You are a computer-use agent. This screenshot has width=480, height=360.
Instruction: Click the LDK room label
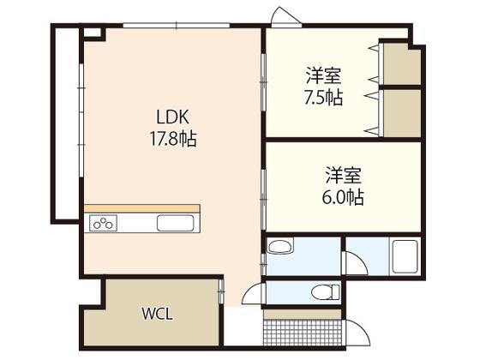[172, 117]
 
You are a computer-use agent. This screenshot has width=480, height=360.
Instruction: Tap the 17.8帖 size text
[173, 138]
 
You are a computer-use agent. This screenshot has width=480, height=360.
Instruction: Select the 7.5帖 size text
[323, 98]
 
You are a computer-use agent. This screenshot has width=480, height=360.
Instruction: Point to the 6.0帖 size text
[343, 196]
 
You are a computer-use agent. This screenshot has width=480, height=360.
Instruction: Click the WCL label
[158, 314]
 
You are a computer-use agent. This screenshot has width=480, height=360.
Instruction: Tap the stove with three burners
[103, 223]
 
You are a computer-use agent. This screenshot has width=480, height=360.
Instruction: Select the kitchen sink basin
[176, 223]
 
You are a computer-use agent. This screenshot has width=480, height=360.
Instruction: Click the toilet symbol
[326, 292]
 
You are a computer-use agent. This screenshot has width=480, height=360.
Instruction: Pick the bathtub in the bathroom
[405, 256]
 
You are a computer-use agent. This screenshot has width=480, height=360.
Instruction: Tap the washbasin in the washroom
[280, 245]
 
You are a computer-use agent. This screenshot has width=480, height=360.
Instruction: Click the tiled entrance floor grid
[303, 333]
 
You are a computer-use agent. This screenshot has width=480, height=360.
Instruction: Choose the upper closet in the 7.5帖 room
[402, 63]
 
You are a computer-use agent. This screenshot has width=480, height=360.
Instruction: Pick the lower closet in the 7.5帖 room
[402, 113]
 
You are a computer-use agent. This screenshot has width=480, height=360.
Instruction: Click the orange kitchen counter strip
[142, 208]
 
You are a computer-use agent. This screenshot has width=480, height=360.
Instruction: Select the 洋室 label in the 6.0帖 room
[343, 175]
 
